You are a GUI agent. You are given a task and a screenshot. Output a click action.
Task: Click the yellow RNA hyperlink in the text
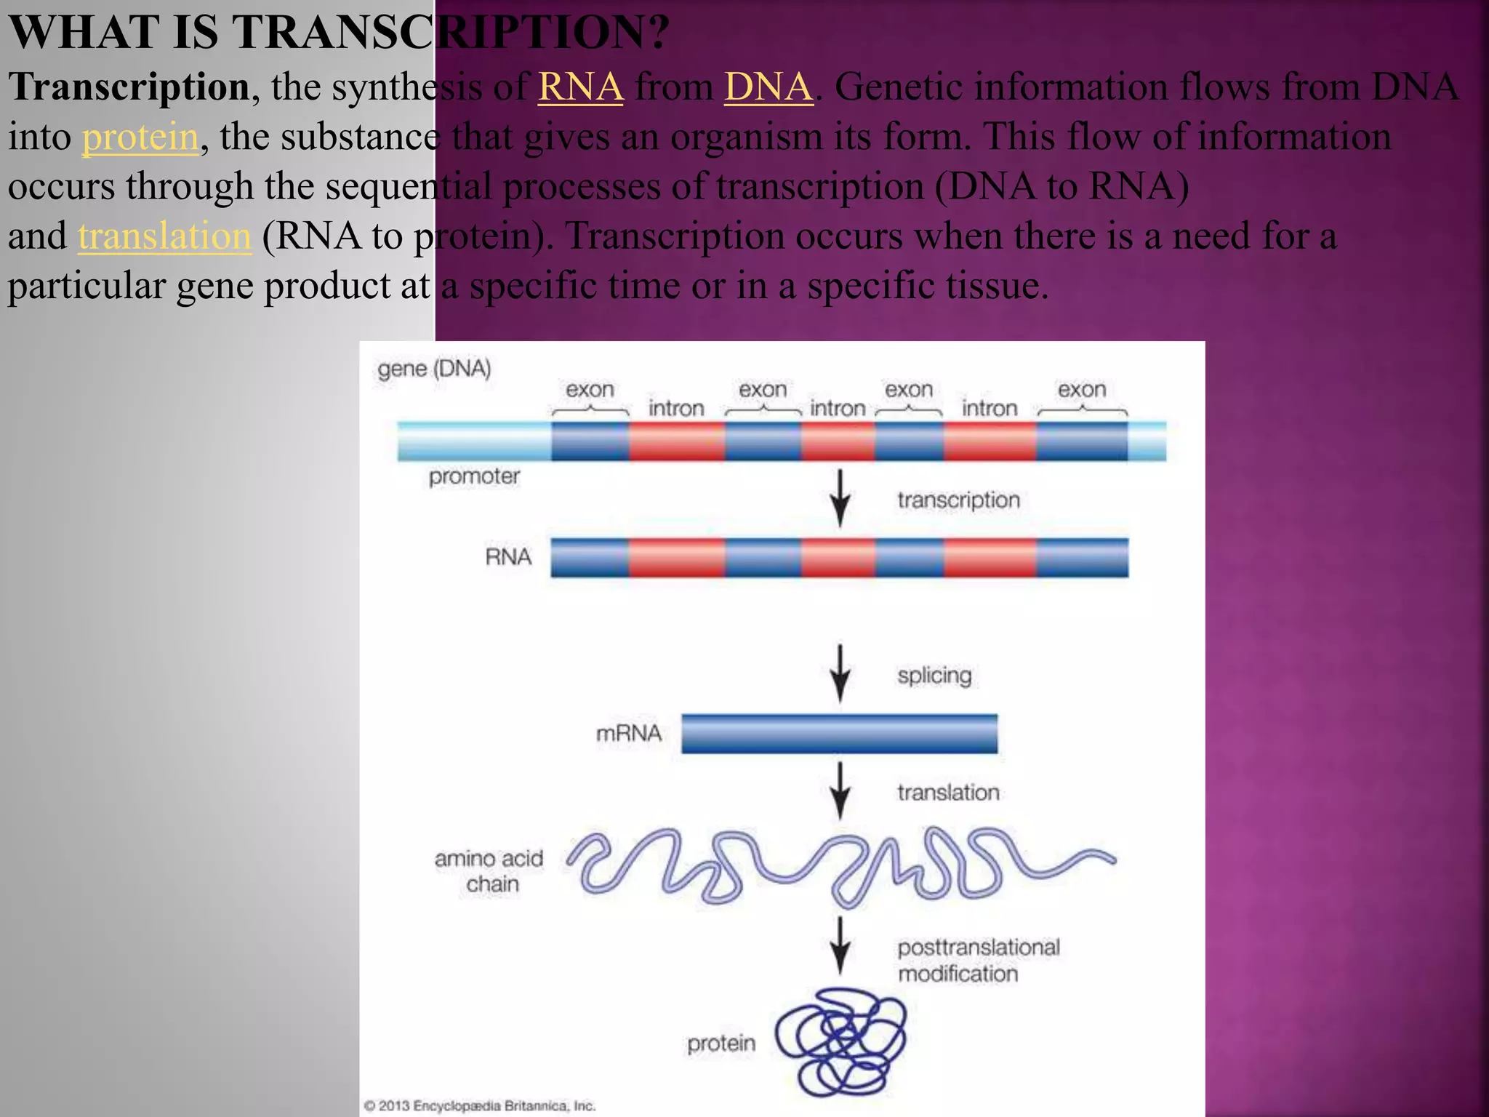(580, 87)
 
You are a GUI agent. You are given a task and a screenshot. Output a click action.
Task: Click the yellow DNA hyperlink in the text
(768, 87)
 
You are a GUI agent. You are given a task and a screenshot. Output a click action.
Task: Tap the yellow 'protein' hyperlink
(140, 137)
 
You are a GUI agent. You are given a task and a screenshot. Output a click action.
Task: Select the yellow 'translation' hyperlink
(164, 236)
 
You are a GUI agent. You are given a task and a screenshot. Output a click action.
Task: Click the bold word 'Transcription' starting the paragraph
(129, 87)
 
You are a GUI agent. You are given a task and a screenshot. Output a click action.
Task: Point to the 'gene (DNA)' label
(434, 369)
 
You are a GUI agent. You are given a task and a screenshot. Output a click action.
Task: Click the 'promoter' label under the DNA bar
(474, 476)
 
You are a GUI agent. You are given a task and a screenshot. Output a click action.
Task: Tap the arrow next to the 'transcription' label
(840, 497)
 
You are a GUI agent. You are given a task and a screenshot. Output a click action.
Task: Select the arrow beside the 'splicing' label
(840, 673)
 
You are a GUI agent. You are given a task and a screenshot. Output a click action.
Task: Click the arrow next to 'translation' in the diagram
(840, 790)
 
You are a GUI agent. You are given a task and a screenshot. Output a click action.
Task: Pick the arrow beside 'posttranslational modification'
(840, 945)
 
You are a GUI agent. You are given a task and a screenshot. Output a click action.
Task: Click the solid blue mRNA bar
(839, 733)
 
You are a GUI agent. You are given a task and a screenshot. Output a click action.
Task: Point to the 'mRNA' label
(628, 733)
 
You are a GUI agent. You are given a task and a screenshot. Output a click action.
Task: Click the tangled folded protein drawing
(841, 1041)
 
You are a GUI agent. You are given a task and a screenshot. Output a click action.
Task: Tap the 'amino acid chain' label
(489, 871)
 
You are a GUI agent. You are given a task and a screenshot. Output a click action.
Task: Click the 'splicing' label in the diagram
(934, 676)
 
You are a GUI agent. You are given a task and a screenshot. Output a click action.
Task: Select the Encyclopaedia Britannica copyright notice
(480, 1105)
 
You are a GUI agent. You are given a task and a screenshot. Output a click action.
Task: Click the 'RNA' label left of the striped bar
(508, 557)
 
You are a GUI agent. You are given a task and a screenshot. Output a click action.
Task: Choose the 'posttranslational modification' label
(978, 960)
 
